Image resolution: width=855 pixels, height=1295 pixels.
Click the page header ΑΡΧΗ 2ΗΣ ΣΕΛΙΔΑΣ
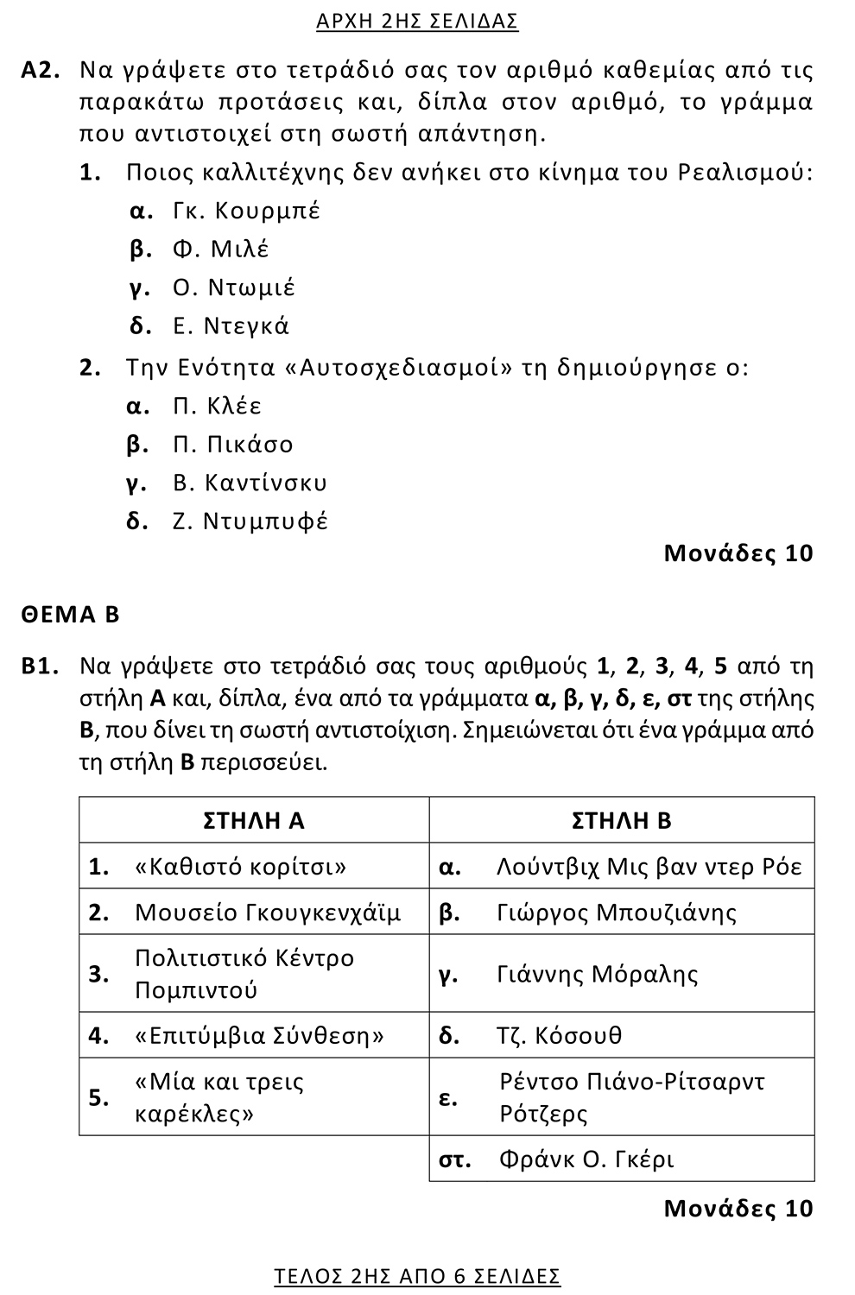tap(417, 22)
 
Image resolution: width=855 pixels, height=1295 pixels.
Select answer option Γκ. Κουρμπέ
tap(246, 211)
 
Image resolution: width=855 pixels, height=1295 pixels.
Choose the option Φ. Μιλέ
tap(220, 250)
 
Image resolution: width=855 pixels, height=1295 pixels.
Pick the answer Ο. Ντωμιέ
tap(233, 287)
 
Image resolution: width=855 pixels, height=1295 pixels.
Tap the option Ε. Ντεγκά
tap(231, 326)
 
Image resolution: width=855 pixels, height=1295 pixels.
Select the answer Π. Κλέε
tap(217, 406)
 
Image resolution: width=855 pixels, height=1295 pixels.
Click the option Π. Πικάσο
tap(232, 445)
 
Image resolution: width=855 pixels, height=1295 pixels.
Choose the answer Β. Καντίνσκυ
tap(250, 483)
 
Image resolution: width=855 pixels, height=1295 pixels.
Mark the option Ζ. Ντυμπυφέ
tap(250, 521)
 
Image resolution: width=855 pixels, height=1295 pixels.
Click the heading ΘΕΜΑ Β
tap(71, 615)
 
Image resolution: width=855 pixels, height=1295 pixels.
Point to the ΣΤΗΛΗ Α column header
tap(254, 820)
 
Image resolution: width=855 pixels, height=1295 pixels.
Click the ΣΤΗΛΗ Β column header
tap(622, 820)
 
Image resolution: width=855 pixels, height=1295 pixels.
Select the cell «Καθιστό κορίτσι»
tap(241, 866)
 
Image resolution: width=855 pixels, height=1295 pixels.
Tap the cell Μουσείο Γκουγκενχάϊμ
tap(268, 913)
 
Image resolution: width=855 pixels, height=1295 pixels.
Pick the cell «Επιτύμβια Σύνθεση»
tap(260, 1035)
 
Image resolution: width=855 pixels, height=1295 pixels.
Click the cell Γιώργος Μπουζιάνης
tap(617, 913)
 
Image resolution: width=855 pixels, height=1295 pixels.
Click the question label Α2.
tap(41, 71)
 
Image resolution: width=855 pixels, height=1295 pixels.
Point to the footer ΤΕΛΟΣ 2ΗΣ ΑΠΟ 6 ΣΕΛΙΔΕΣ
tap(417, 1276)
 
